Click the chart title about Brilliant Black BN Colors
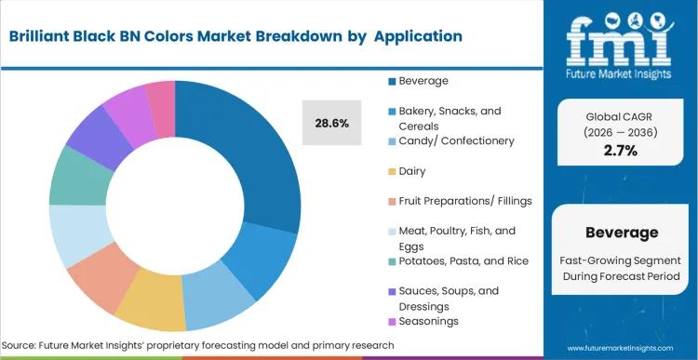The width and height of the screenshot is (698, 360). point(236,36)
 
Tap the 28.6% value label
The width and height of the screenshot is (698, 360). point(331,123)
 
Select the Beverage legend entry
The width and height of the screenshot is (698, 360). point(423,81)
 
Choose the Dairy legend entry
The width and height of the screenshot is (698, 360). point(415,171)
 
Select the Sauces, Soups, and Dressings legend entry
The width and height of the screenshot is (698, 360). point(450,298)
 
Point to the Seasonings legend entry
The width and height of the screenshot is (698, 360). point(429,322)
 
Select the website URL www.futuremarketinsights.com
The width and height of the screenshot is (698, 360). point(620,345)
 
